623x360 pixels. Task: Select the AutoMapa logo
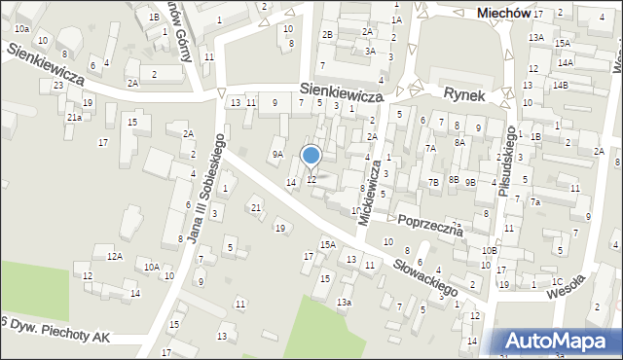click(562, 341)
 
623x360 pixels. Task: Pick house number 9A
click(277, 154)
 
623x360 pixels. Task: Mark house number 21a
click(74, 117)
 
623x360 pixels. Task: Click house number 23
click(58, 86)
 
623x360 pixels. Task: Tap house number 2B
click(328, 35)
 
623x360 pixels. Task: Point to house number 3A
click(370, 51)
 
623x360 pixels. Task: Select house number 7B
click(433, 182)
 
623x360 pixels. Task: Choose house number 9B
click(470, 182)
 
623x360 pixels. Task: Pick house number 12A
click(115, 256)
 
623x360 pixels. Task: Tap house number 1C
click(557, 281)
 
